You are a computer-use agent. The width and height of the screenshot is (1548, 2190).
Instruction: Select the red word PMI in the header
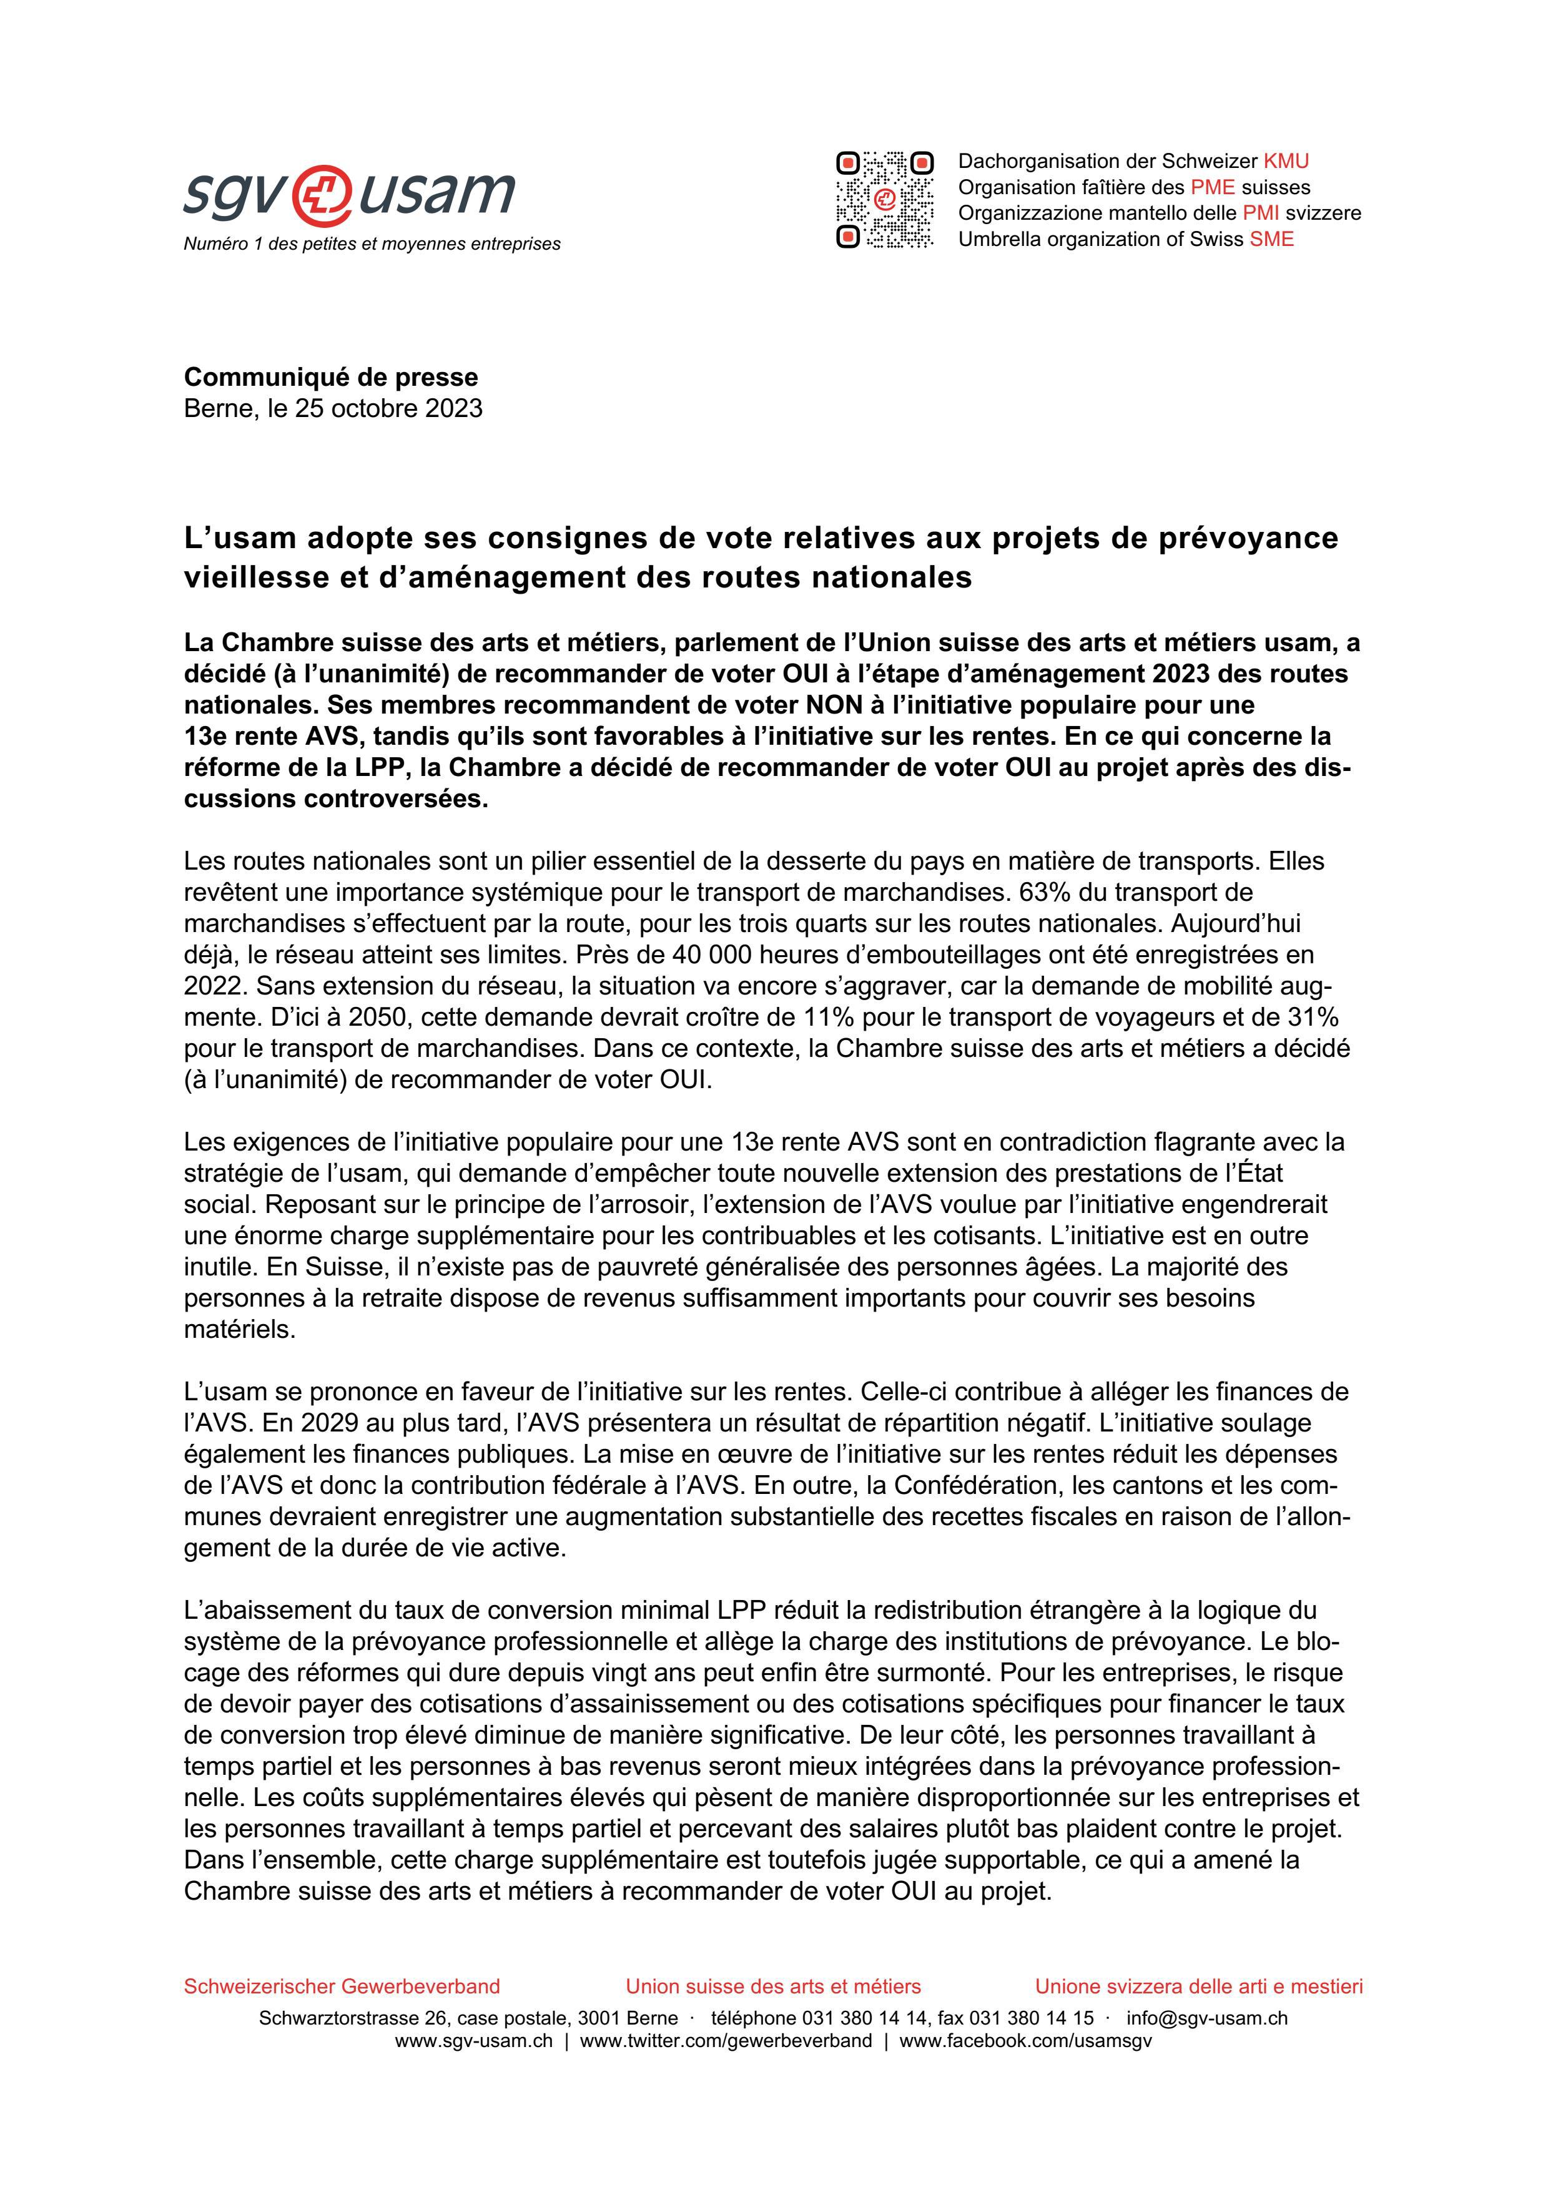coord(1260,214)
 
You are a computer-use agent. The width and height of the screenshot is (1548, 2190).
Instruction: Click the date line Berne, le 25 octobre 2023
coord(333,408)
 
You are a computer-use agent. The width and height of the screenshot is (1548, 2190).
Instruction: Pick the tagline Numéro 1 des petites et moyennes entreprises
coord(372,244)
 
